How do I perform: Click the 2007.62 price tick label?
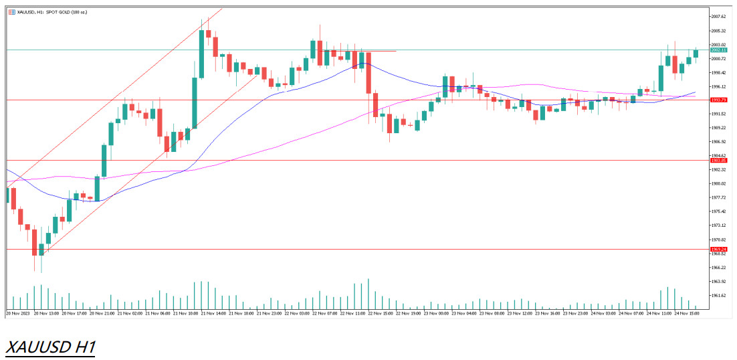coord(719,17)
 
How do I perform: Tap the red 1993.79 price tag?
coord(719,100)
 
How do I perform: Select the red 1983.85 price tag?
coord(719,161)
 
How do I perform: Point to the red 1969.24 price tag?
coord(719,249)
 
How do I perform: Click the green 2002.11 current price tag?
coord(719,50)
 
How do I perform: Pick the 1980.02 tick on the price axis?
coord(719,183)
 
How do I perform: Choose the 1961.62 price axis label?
coord(719,295)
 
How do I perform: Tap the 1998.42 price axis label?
coord(719,72)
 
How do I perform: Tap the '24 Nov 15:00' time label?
coord(686,312)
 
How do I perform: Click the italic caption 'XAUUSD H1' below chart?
coord(51,347)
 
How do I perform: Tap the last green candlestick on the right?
coord(696,54)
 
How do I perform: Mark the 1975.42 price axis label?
coord(719,211)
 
